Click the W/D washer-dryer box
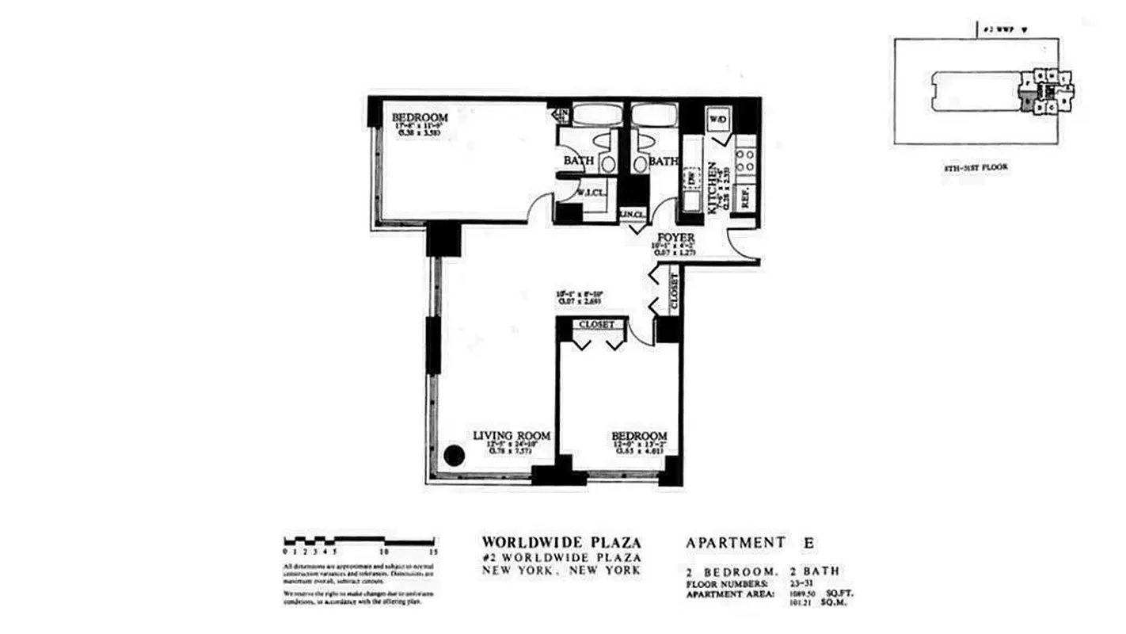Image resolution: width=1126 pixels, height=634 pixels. click(718, 119)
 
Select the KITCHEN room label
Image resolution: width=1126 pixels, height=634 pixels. click(713, 187)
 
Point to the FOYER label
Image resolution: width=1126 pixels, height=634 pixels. click(675, 238)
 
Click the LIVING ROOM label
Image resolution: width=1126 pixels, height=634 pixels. click(512, 436)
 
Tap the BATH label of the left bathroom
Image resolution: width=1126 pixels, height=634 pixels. click(579, 161)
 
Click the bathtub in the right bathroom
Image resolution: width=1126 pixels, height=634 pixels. click(655, 115)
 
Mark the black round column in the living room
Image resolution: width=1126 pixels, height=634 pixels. click(454, 455)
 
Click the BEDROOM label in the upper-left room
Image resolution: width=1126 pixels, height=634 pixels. click(420, 119)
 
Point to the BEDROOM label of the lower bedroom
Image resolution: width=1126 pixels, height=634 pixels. click(638, 436)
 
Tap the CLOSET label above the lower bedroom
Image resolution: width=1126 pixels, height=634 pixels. click(597, 324)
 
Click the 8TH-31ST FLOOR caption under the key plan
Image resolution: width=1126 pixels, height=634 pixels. click(976, 167)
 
